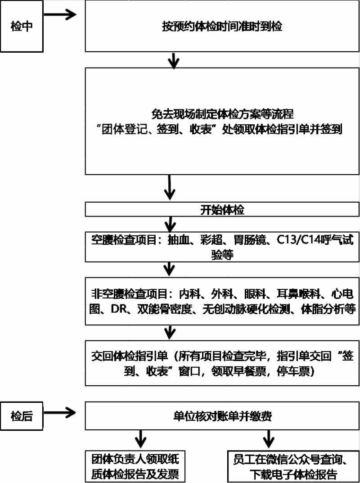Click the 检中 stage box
coord(22,26)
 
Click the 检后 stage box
coord(22,416)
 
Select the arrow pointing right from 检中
coord(60,14)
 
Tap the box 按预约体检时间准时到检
coord(222,26)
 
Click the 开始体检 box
coord(222,210)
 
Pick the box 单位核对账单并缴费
coord(222,416)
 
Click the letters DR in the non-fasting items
coord(117,310)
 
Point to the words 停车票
coord(297,372)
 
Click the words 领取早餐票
coord(237,372)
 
